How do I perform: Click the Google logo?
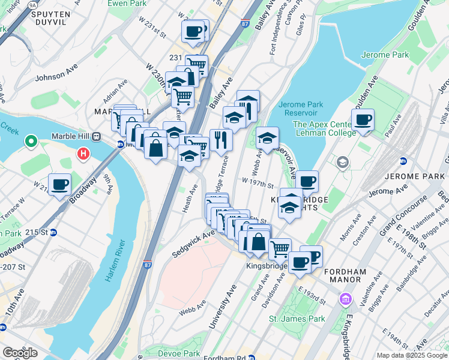point(20,353)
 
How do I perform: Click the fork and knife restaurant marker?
point(221,140)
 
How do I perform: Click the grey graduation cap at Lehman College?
point(342,162)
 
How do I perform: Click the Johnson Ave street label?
point(56,77)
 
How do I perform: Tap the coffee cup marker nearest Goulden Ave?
point(363,120)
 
